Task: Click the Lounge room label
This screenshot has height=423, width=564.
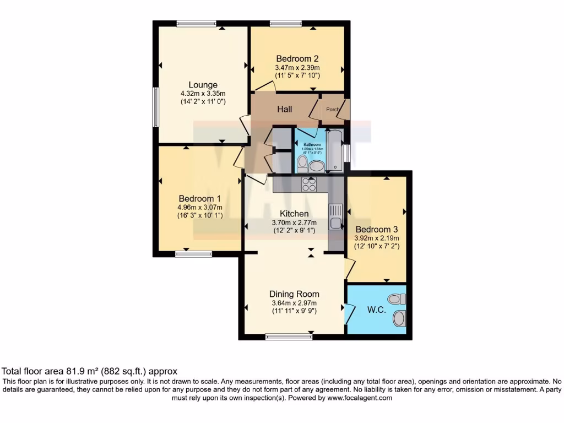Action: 203,85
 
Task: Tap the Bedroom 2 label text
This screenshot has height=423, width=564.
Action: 297,58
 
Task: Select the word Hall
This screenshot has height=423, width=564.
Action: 285,110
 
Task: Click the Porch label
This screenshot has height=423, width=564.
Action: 333,110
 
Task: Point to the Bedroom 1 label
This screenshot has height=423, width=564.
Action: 199,199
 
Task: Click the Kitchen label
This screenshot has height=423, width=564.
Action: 294,214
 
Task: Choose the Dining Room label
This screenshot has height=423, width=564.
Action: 294,294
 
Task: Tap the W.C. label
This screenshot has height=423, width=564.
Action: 376,310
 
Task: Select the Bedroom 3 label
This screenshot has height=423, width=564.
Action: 376,229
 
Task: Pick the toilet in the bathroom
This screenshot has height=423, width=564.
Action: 302,162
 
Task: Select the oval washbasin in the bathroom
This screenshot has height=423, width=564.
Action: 317,166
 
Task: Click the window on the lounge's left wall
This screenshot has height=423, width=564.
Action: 156,107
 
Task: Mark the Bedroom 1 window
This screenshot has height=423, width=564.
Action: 194,254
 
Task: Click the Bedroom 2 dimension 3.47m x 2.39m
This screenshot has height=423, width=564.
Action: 297,68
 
